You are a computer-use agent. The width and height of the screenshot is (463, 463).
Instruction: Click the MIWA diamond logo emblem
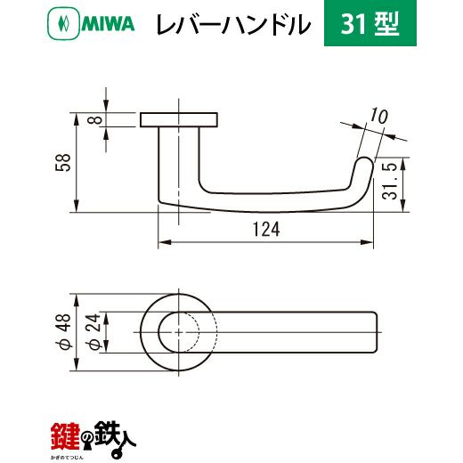[63, 23]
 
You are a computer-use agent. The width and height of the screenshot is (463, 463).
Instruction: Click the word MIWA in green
[108, 24]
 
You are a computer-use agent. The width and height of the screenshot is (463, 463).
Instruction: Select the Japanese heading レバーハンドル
[233, 24]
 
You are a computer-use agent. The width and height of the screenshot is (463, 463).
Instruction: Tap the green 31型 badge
[370, 23]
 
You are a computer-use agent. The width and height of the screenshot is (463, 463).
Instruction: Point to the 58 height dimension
[63, 162]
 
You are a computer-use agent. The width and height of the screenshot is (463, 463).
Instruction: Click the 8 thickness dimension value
[96, 120]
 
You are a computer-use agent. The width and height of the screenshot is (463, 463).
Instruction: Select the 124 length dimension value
[266, 230]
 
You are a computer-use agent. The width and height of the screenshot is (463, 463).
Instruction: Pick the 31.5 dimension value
[389, 181]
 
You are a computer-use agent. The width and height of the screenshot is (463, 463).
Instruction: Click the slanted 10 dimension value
[378, 116]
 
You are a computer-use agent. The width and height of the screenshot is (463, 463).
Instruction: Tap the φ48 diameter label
[63, 332]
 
